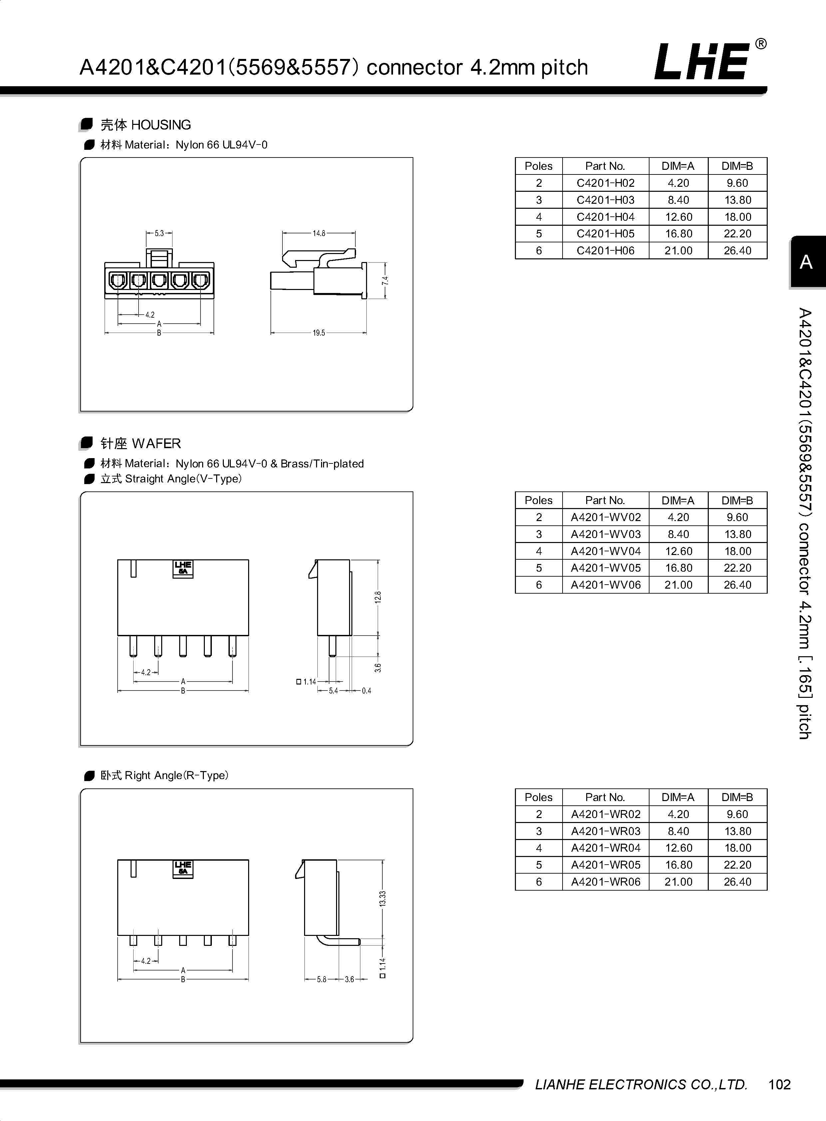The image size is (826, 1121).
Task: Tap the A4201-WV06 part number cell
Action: click(606, 585)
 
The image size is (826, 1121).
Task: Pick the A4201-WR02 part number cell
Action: click(606, 814)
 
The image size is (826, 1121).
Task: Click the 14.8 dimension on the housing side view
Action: click(319, 233)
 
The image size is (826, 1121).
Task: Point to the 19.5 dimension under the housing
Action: click(319, 333)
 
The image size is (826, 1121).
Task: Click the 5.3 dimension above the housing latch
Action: click(159, 233)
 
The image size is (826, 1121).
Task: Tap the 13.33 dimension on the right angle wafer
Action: click(382, 899)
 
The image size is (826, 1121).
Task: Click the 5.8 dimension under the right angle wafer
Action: click(321, 979)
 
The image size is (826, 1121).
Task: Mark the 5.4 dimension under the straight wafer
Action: click(333, 691)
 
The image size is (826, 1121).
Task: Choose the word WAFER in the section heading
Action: click(157, 443)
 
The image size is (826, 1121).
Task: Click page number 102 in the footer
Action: click(779, 1084)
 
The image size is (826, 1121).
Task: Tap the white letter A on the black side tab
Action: click(805, 262)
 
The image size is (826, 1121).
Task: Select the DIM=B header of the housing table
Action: click(737, 166)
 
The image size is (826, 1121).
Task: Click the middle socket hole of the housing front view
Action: click(159, 280)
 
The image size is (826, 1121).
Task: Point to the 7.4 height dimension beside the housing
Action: click(385, 281)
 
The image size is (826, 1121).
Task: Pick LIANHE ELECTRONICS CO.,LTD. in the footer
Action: click(641, 1084)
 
